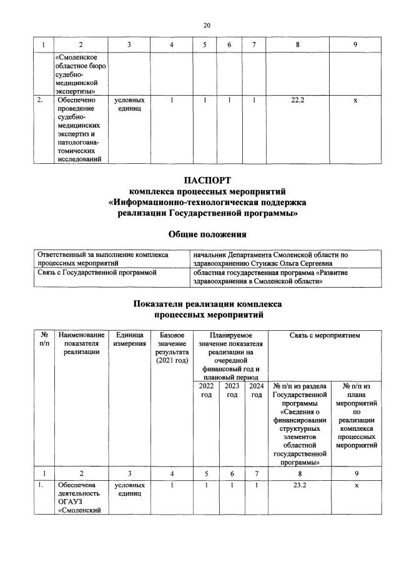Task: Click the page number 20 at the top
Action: click(207, 25)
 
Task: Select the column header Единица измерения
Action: click(130, 339)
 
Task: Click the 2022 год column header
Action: click(206, 390)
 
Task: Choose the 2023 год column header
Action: click(232, 390)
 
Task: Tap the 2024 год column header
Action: click(256, 390)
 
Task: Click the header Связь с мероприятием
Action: click(325, 335)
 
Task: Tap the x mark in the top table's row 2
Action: click(355, 100)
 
